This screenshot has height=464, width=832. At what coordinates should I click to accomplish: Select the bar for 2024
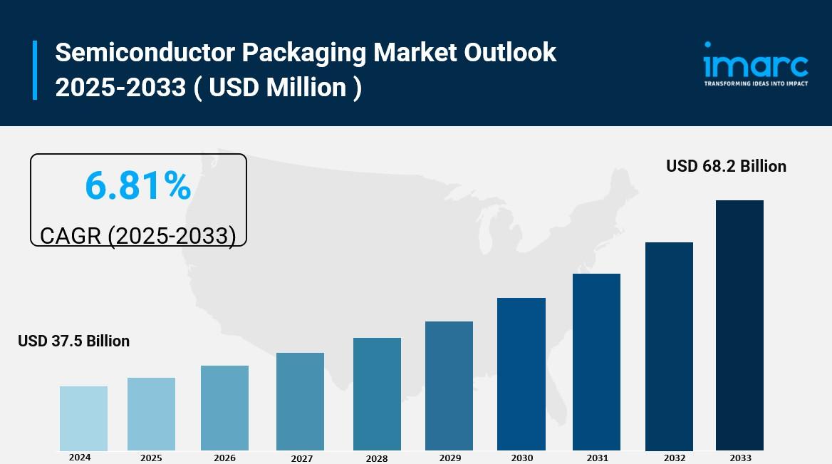(x=83, y=418)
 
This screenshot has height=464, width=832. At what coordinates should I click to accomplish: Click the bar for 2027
(x=300, y=401)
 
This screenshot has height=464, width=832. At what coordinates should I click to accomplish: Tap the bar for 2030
(x=521, y=374)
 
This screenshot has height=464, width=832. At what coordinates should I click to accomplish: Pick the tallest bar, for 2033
(x=739, y=325)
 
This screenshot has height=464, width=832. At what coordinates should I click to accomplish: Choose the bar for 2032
(x=669, y=346)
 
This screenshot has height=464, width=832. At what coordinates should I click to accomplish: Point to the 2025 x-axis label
(x=151, y=458)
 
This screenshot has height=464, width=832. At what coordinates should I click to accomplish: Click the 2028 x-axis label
(x=377, y=458)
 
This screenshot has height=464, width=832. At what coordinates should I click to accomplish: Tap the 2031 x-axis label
(x=598, y=458)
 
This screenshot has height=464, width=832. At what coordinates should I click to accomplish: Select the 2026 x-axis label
(x=224, y=458)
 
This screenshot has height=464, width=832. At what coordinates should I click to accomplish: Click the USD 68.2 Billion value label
(x=726, y=166)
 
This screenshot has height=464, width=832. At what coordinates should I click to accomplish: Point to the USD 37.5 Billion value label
(x=74, y=341)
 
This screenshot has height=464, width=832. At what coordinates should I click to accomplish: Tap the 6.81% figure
(x=138, y=186)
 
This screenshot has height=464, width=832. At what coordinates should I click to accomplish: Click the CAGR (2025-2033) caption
(x=137, y=236)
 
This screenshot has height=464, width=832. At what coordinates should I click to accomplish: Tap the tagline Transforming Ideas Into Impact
(x=756, y=83)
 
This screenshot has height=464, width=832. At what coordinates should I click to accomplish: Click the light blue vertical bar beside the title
(x=34, y=70)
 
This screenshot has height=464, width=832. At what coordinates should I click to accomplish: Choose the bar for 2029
(x=449, y=386)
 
